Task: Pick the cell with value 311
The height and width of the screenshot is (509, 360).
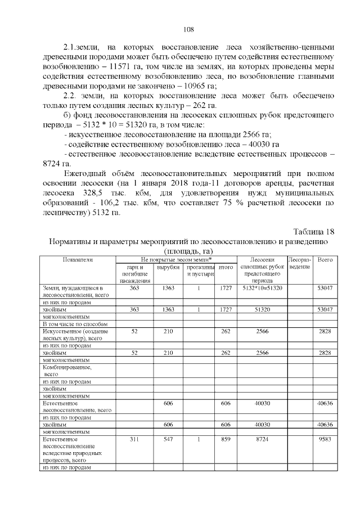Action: [x=134, y=439]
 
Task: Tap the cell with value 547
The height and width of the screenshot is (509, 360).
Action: [x=168, y=439]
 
